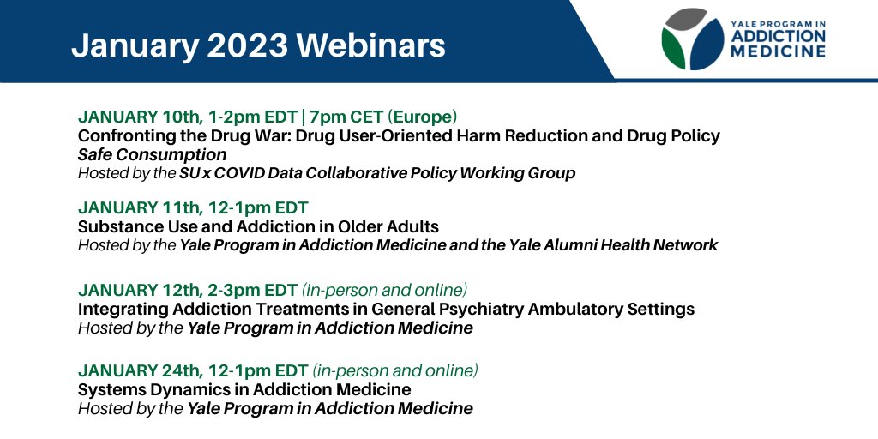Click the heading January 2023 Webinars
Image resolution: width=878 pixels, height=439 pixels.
258,45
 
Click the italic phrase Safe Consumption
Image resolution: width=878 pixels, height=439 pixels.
152,155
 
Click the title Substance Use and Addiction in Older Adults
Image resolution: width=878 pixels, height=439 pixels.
258,227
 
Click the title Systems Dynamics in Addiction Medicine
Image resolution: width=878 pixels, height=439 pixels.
244,390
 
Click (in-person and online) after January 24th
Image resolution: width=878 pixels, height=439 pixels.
395,370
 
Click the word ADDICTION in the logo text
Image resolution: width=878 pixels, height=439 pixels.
779,37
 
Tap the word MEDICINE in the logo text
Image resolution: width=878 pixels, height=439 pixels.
779,51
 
